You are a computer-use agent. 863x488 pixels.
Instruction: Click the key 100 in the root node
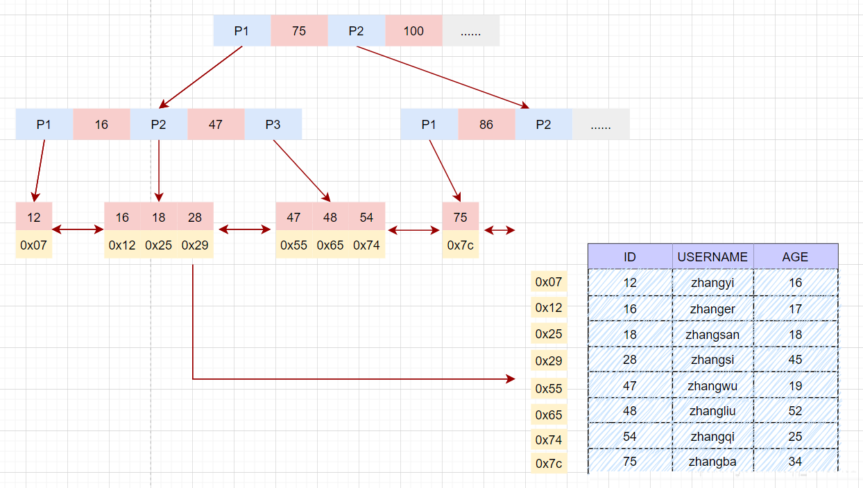[x=413, y=31]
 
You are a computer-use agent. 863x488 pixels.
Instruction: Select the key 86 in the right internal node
[x=486, y=124]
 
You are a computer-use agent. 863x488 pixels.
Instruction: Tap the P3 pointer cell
[x=273, y=124]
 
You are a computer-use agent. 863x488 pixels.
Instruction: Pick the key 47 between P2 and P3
[x=216, y=124]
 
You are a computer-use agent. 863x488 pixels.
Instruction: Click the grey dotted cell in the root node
[x=471, y=31]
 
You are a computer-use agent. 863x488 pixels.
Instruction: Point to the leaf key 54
[x=366, y=217]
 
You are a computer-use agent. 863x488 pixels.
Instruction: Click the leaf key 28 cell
[x=195, y=217]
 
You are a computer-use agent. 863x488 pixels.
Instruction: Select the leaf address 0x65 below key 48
[x=330, y=245]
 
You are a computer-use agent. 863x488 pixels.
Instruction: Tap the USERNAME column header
[x=712, y=256]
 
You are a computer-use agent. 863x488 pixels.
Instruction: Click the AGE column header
[x=796, y=256]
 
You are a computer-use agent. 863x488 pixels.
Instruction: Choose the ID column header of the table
[x=630, y=256]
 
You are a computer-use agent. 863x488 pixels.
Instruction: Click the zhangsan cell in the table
[x=712, y=334]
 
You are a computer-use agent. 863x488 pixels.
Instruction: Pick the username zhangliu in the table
[x=712, y=410]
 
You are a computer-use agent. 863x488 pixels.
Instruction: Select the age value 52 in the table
[x=796, y=410]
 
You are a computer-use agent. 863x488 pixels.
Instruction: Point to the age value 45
[x=796, y=360]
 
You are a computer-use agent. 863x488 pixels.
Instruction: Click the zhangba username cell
[x=712, y=461]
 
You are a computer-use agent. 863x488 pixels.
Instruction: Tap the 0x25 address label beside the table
[x=549, y=333]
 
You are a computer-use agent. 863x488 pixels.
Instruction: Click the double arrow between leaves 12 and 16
[x=78, y=229]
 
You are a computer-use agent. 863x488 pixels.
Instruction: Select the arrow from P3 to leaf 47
[x=302, y=171]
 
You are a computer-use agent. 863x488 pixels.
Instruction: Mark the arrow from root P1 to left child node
[x=200, y=78]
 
